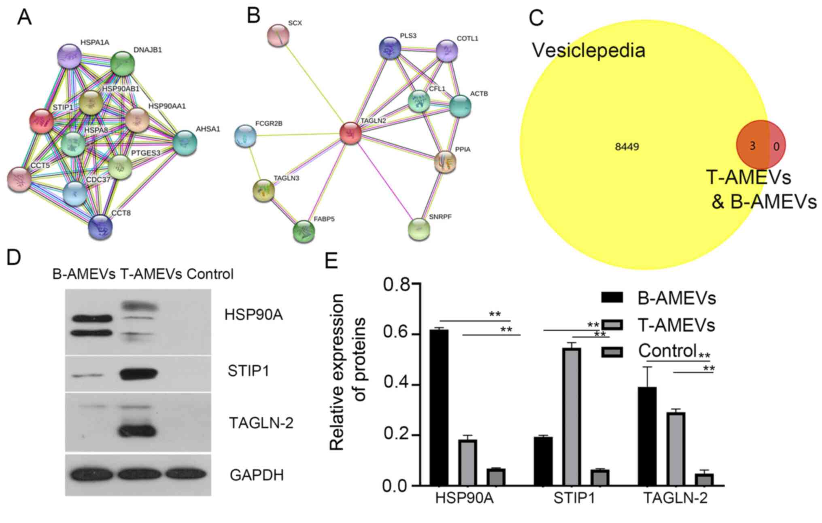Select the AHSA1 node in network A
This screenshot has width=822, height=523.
point(185,143)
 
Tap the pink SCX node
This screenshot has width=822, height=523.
point(278,35)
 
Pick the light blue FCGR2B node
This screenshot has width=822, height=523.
point(245,136)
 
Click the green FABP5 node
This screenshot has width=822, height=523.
point(304,231)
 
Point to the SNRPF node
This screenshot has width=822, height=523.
point(419,229)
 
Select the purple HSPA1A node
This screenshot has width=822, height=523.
point(69,56)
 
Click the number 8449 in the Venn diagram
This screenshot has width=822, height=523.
point(627,146)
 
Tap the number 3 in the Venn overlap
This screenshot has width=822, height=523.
point(752,146)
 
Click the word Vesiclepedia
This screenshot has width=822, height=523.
point(588,51)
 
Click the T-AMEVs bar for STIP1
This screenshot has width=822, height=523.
point(571,417)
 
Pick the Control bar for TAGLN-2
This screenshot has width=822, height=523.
point(704,479)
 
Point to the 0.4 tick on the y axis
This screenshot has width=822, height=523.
point(396,385)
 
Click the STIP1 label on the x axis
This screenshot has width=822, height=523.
point(574,498)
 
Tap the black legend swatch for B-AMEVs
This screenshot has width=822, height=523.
point(612,297)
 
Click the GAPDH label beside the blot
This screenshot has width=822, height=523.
point(257,475)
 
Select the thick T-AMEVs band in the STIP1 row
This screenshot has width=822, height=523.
point(138,373)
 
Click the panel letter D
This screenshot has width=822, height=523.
point(14,257)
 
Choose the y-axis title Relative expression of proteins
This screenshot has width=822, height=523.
point(347,372)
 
